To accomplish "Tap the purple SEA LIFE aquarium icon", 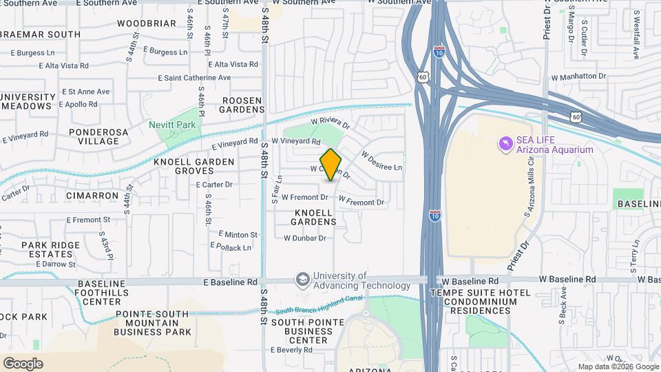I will click(x=505, y=143).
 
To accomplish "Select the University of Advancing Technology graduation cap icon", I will click(x=302, y=280).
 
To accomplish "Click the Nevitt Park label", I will click(x=172, y=125).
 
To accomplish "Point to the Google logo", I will click(x=23, y=363).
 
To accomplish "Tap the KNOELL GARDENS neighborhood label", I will click(x=313, y=217).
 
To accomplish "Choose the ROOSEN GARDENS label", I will click(x=242, y=105).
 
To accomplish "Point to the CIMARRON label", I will click(x=92, y=196).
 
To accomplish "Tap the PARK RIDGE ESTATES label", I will click(x=51, y=249).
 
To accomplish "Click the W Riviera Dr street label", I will click(x=330, y=124).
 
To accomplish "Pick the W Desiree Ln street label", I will click(x=381, y=163).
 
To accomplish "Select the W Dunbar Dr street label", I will click(x=304, y=238).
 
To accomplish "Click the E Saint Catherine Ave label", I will click(x=196, y=78).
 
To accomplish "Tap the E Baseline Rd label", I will click(x=230, y=282).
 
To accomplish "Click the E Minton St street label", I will click(x=238, y=234).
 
